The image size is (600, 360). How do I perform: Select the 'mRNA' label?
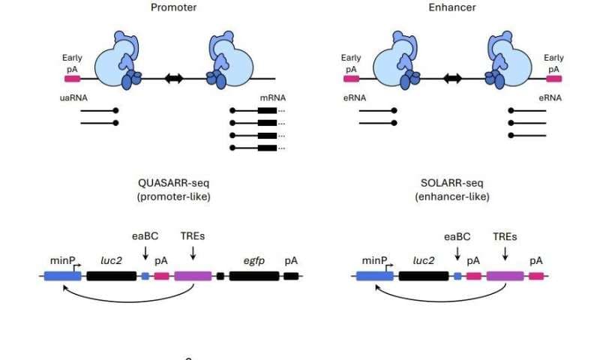271,97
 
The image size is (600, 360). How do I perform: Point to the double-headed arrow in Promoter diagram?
174,78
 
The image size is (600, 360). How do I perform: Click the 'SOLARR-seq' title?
451,184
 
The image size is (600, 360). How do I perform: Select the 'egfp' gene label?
253,259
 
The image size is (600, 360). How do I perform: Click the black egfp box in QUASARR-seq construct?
253,276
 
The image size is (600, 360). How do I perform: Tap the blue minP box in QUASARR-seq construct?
62,276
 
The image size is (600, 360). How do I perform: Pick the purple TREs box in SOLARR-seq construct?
505,276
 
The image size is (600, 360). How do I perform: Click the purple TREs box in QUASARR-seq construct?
193,276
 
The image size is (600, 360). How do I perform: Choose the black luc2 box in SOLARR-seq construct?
423,276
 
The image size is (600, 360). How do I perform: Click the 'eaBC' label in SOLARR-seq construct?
457,237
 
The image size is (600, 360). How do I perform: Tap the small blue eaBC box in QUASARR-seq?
145,276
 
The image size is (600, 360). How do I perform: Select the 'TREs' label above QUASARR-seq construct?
193,237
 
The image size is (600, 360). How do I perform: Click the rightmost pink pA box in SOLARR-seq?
536,276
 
